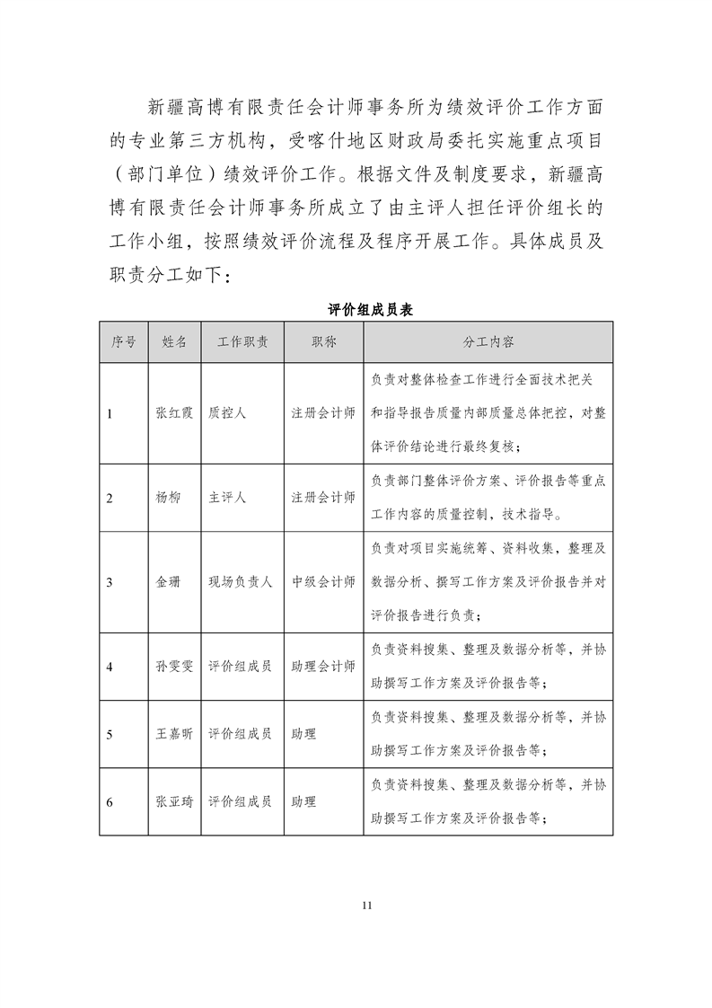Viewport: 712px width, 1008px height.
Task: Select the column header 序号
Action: click(124, 342)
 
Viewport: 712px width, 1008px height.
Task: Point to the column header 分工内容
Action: click(488, 342)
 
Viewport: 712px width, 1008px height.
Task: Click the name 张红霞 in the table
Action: click(173, 413)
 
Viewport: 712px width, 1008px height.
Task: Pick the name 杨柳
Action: click(168, 497)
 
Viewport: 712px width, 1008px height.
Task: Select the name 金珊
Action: click(168, 581)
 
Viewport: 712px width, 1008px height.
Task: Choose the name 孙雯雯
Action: click(173, 666)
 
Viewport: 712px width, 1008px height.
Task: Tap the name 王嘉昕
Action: click(173, 733)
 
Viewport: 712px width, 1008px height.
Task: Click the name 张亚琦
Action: click(173, 800)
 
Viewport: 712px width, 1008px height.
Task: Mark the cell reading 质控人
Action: click(227, 413)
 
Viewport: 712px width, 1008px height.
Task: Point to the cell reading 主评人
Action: click(227, 497)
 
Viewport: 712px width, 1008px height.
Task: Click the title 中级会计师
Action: click(323, 581)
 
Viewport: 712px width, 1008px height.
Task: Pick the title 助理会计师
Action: click(323, 666)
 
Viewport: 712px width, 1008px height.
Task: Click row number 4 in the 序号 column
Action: click(110, 666)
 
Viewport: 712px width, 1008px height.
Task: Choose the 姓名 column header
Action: click(174, 342)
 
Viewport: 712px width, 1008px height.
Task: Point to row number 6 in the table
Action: click(110, 800)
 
